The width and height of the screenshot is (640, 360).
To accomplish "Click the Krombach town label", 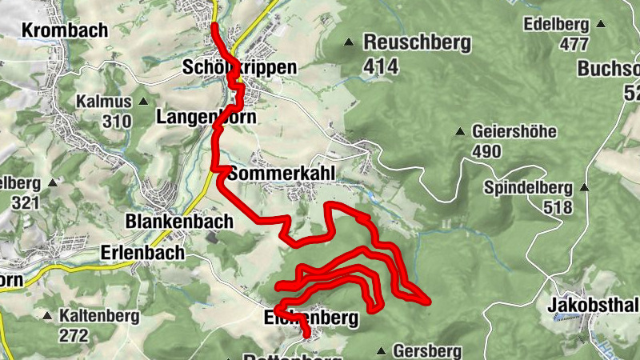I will pyautogui.click(x=54, y=30).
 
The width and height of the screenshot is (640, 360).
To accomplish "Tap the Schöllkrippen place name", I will pyautogui.click(x=239, y=67).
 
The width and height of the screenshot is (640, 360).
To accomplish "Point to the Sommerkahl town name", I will pyautogui.click(x=280, y=174).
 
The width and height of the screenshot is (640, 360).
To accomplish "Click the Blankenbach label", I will pyautogui.click(x=179, y=221).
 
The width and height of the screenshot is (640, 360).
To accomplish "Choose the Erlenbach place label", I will pyautogui.click(x=142, y=252).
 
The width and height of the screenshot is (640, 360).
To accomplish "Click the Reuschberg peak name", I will pyautogui.click(x=417, y=43).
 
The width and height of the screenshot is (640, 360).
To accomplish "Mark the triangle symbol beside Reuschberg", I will pyautogui.click(x=349, y=42).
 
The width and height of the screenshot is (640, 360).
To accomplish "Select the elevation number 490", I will pyautogui.click(x=487, y=151).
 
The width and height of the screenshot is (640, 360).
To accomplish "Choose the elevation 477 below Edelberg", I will pyautogui.click(x=573, y=44).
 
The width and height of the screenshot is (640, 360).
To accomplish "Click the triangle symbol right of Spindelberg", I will pyautogui.click(x=584, y=188).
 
